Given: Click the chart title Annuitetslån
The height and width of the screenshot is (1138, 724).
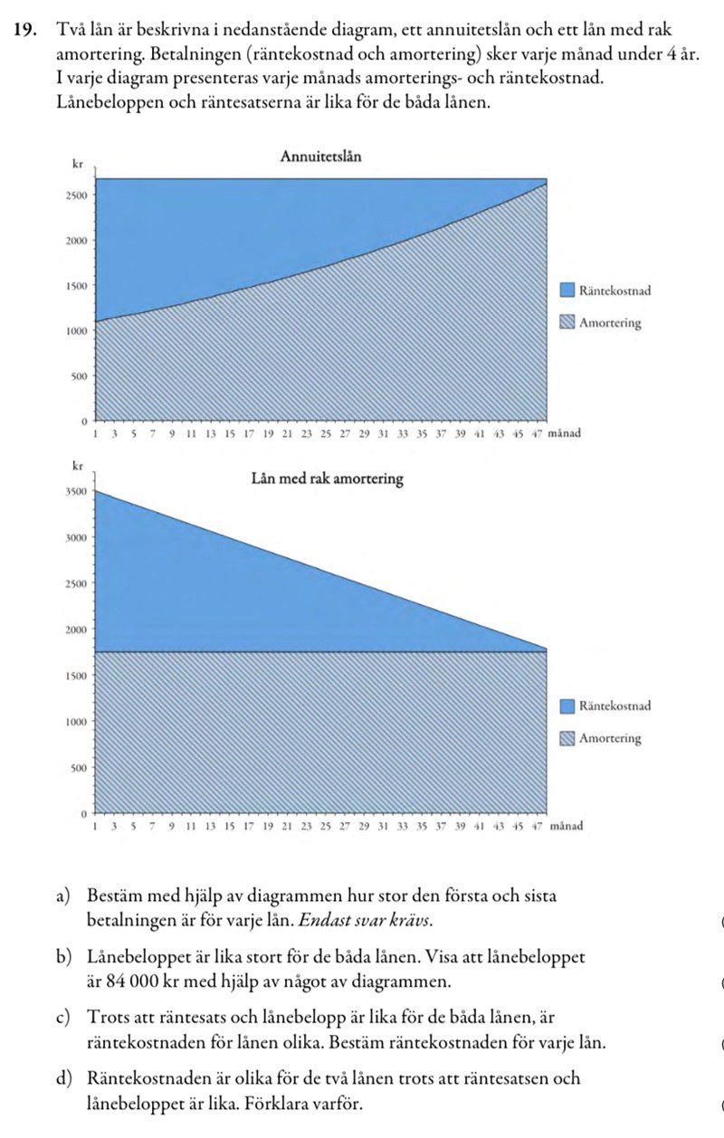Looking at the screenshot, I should tap(321, 156).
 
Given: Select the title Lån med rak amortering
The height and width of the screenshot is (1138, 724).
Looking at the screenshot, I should tap(327, 478).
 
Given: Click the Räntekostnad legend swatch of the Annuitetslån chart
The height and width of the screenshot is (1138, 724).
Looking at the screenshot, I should tap(567, 290).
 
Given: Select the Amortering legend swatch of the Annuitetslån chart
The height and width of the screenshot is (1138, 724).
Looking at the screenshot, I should tap(567, 323).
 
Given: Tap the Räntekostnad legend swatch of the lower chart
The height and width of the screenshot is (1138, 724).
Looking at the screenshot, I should tap(567, 706).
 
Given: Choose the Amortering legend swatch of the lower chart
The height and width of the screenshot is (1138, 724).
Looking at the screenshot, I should tap(567, 738).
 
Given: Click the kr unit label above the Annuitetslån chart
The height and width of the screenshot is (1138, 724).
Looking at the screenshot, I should tap(77, 165).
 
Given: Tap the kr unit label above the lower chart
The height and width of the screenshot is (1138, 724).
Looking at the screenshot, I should tap(77, 465).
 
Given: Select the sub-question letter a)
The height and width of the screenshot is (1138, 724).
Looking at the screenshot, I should tap(62, 896).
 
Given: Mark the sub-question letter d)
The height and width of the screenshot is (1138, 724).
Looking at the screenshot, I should tap(62, 1078).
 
